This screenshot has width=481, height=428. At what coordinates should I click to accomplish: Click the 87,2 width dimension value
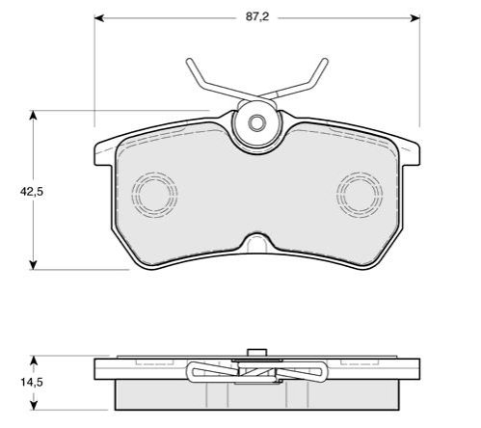pos(257,17)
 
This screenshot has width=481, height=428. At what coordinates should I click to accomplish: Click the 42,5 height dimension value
pos(32,192)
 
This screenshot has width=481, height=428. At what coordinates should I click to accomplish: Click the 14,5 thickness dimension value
pos(32,383)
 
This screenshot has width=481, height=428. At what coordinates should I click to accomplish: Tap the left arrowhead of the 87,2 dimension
pos(98,18)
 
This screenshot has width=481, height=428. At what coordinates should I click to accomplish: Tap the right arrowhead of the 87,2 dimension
pos(415,18)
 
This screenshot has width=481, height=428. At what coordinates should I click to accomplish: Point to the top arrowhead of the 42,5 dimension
pos(33,115)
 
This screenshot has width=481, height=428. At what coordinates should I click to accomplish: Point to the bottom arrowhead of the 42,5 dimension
pos(33,265)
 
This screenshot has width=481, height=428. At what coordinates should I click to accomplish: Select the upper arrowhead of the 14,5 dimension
pos(34,361)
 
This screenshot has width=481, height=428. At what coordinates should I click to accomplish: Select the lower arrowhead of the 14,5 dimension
pos(34,405)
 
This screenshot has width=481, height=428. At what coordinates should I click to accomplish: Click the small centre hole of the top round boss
pos(256,123)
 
